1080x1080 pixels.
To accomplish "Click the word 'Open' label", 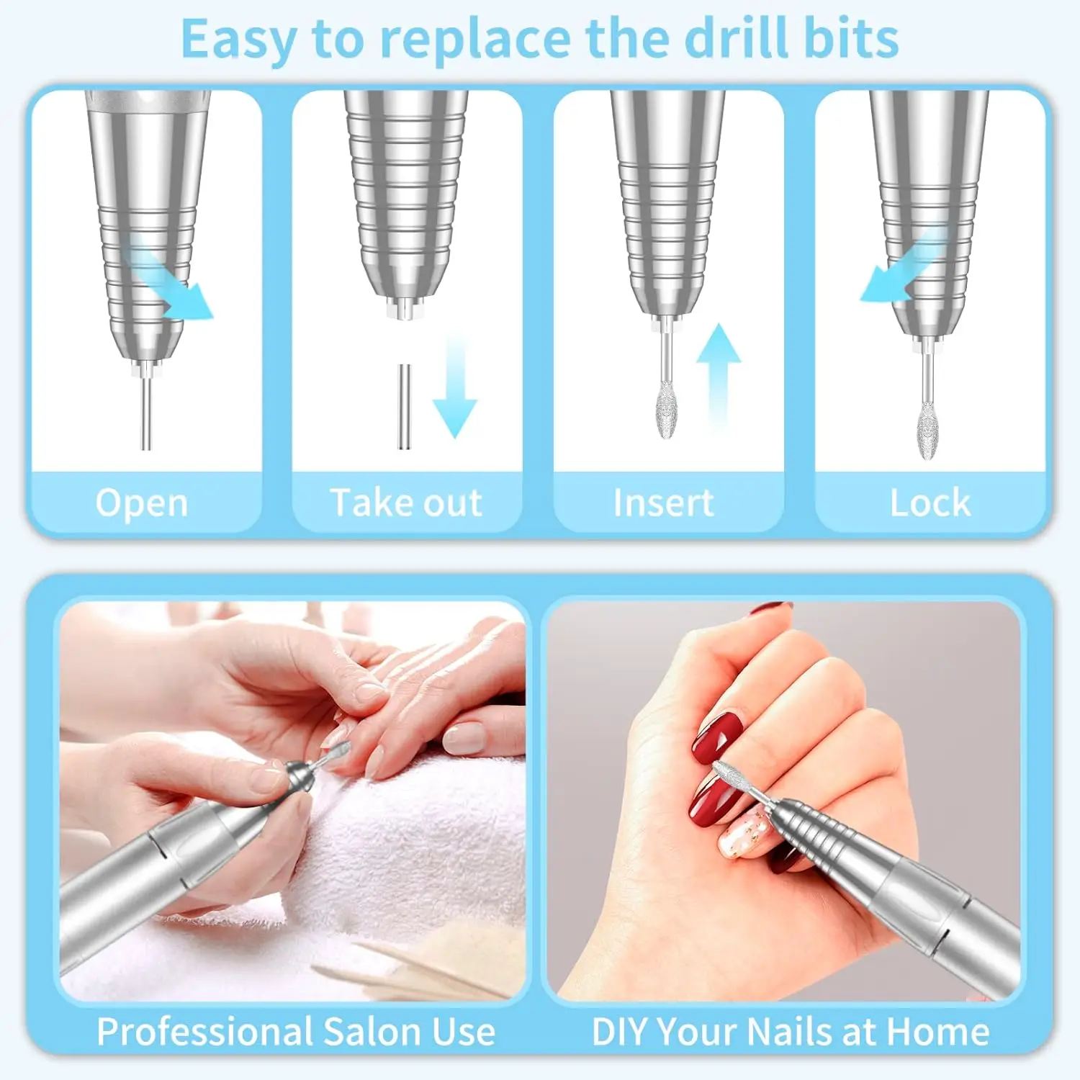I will [x=142, y=503].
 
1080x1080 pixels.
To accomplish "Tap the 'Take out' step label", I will [x=406, y=503].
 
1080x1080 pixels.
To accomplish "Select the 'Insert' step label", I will [x=663, y=503].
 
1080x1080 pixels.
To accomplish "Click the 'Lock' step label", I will [x=930, y=503].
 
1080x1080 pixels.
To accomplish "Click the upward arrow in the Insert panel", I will [x=718, y=374].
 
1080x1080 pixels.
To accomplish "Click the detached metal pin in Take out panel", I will [x=405, y=407].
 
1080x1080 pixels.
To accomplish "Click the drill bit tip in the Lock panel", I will [x=928, y=431].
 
